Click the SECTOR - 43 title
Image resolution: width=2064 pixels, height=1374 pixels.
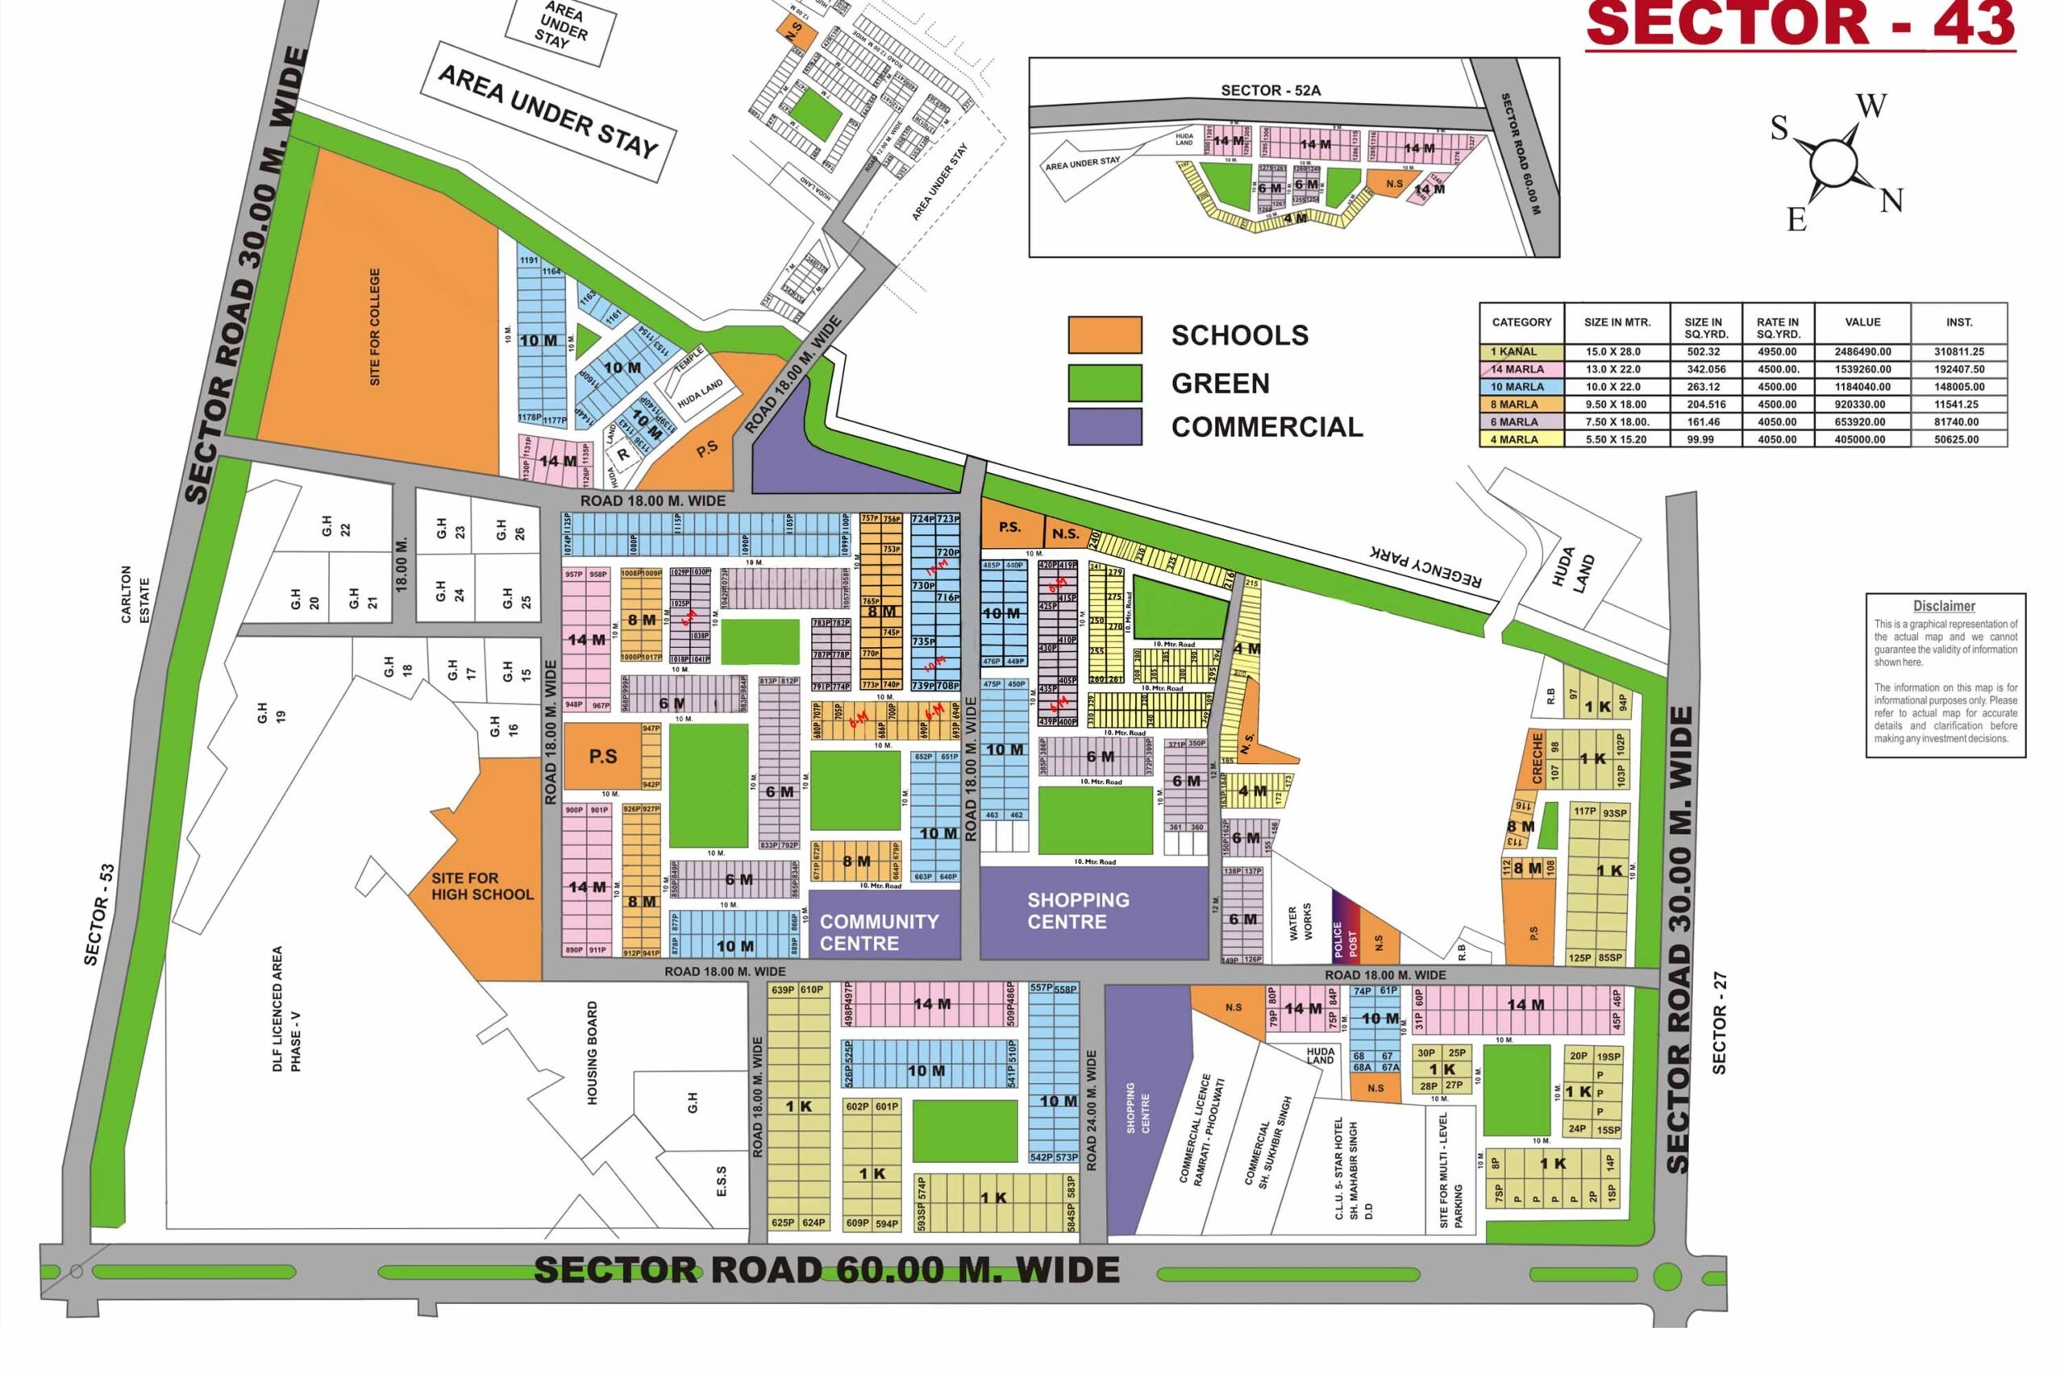(x=1800, y=24)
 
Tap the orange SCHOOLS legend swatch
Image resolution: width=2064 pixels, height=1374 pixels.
(x=1105, y=334)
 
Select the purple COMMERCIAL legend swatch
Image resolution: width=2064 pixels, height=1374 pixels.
(x=1105, y=427)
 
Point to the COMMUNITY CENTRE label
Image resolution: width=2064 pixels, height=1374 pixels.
(x=878, y=932)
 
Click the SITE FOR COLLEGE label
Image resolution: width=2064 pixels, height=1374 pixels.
(x=375, y=327)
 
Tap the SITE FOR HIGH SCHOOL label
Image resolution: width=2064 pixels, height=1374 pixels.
(x=481, y=886)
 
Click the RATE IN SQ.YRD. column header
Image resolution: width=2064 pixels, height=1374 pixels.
(x=1778, y=328)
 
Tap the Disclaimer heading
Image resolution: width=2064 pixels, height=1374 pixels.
(x=1944, y=605)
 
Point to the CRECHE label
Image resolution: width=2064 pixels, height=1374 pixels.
(x=1537, y=758)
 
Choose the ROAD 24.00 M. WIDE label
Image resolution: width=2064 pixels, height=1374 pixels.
(x=1091, y=1111)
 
